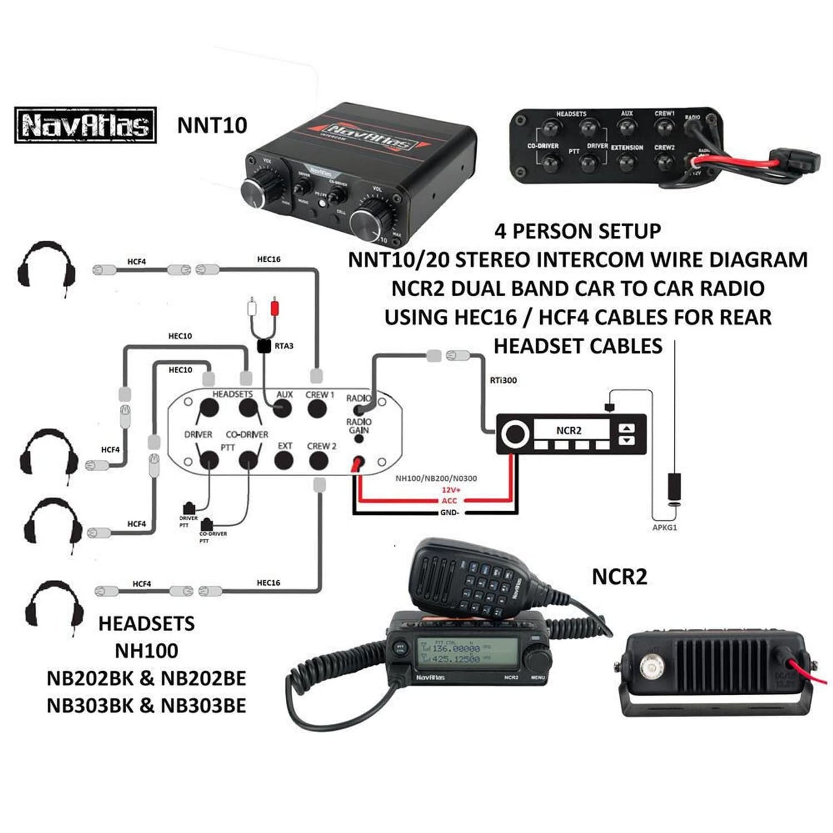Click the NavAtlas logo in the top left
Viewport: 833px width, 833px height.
[85, 125]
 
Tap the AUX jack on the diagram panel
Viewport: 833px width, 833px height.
[282, 409]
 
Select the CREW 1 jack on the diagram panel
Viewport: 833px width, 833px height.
[316, 409]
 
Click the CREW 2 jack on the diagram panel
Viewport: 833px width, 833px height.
[318, 461]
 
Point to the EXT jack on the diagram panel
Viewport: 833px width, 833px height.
[284, 461]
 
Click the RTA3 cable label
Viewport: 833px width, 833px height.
[284, 346]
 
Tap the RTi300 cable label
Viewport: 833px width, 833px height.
[503, 380]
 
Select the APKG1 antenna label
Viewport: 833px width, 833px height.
[665, 528]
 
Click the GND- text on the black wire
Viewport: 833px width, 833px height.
[449, 512]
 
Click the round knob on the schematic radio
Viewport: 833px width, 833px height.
[515, 434]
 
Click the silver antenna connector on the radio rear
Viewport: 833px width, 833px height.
[652, 667]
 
